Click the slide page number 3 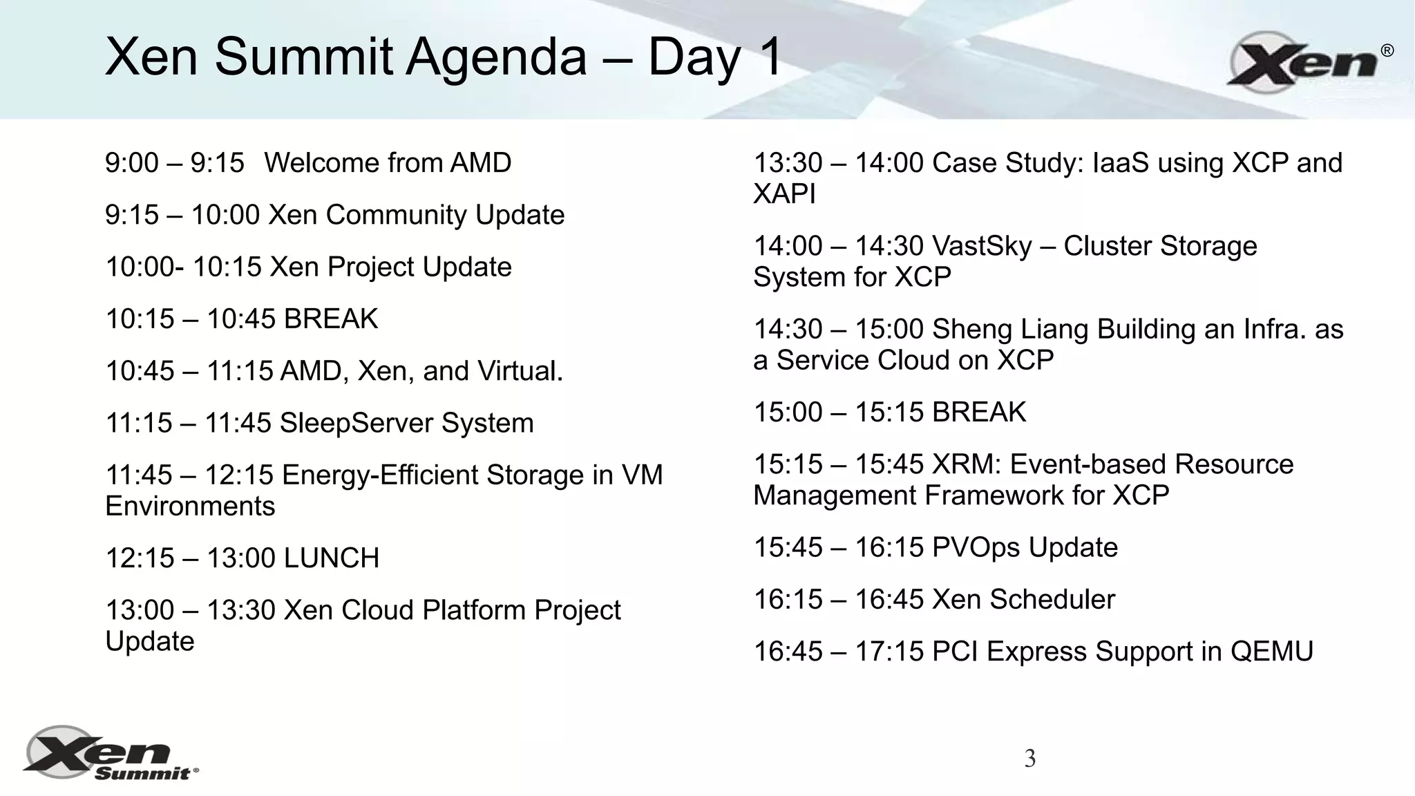(x=1029, y=759)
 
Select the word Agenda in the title (x=495, y=57)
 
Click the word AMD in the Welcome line (x=480, y=163)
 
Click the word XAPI (x=784, y=194)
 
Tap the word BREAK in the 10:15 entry (x=331, y=319)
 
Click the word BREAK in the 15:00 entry (x=978, y=413)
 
